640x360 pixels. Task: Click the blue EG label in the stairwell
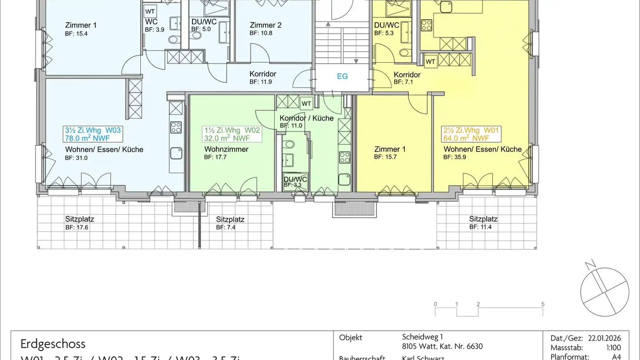coord(342,76)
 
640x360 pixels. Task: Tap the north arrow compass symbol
coord(605,292)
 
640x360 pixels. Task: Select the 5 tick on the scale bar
coord(543,304)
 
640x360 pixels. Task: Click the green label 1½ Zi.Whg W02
coord(232,130)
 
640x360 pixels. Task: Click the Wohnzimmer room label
coord(226,149)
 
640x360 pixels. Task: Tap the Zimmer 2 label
coord(265,25)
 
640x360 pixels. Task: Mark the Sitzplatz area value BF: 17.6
coord(77,227)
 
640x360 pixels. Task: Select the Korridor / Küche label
coord(306,118)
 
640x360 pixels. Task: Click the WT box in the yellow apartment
coord(430,62)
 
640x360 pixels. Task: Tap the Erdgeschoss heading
coord(53,344)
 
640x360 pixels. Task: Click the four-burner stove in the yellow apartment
coord(427,24)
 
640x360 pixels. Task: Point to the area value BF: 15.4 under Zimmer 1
coord(76,33)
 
